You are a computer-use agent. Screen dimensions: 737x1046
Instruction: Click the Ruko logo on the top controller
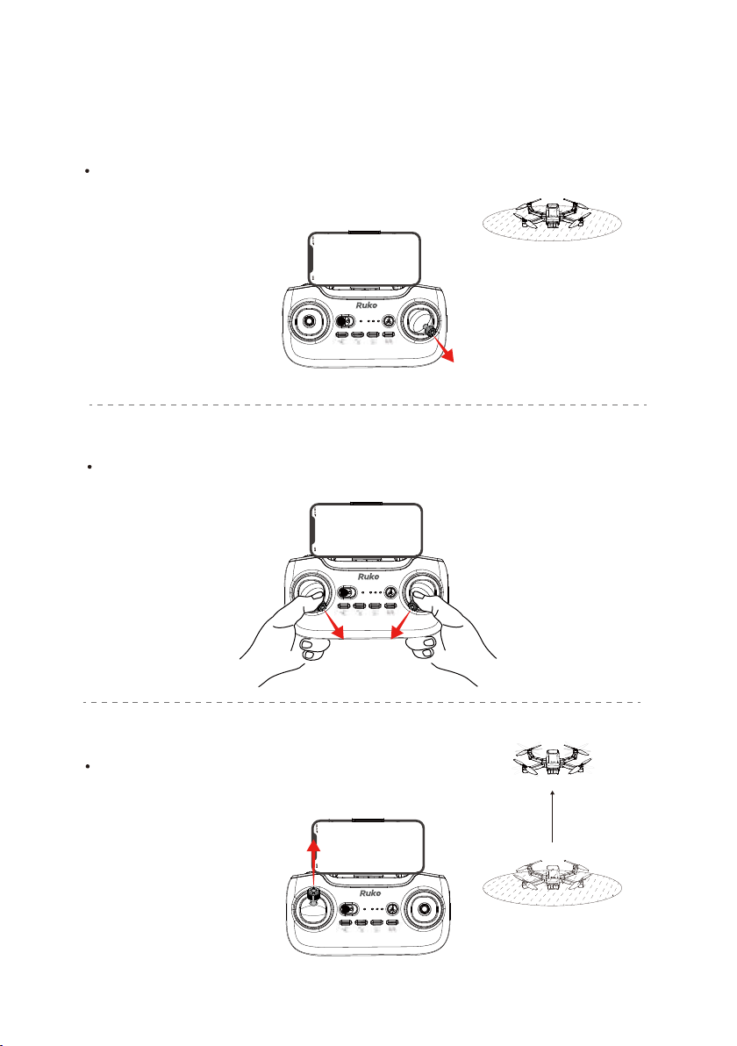pos(366,304)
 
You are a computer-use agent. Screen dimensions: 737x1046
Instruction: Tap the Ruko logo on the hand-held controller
pos(368,577)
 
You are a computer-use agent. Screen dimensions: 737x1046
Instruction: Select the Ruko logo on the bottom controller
pos(370,892)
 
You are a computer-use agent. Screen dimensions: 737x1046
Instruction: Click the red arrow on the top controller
pos(445,349)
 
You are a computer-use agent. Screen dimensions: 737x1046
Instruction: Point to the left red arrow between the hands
pos(334,625)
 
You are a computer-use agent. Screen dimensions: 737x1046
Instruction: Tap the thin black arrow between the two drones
pos(552,816)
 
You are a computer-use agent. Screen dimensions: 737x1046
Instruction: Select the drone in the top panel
pos(552,215)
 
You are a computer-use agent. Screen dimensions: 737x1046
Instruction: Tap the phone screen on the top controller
pos(364,258)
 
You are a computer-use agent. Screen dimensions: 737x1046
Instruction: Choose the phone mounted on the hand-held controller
pos(366,530)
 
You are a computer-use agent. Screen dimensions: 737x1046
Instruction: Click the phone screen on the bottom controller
pos(368,847)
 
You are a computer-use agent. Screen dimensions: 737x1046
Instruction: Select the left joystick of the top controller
pos(310,321)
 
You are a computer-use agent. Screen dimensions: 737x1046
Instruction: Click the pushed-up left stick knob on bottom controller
pos(313,894)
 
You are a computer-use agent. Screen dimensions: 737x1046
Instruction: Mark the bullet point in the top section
pos(88,171)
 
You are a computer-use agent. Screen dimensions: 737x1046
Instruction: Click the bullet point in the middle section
pos(89,467)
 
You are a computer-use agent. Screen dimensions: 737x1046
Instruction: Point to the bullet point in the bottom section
pos(88,766)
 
